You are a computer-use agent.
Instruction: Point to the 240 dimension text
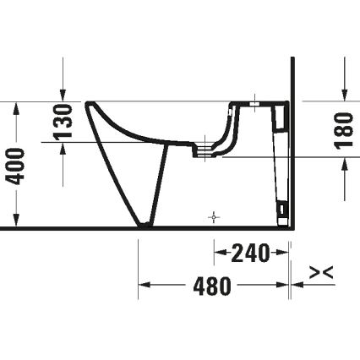point(251,252)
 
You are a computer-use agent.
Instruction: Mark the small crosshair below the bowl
point(214,217)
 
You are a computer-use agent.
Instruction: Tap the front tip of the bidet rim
point(88,105)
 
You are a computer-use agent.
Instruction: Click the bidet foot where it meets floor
point(145,226)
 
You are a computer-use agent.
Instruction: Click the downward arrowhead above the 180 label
point(344,92)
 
